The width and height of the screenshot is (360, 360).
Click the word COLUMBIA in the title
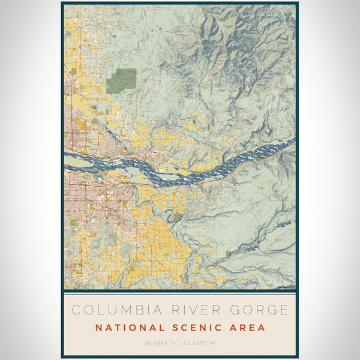click(x=109, y=310)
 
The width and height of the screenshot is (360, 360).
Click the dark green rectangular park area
click(x=121, y=80)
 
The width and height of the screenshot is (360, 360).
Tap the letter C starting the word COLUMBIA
click(x=75, y=310)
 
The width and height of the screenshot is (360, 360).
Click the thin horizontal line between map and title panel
click(x=180, y=291)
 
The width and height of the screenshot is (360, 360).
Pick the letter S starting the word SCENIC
click(x=173, y=328)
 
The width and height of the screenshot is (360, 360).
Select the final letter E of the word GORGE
click(x=284, y=310)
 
